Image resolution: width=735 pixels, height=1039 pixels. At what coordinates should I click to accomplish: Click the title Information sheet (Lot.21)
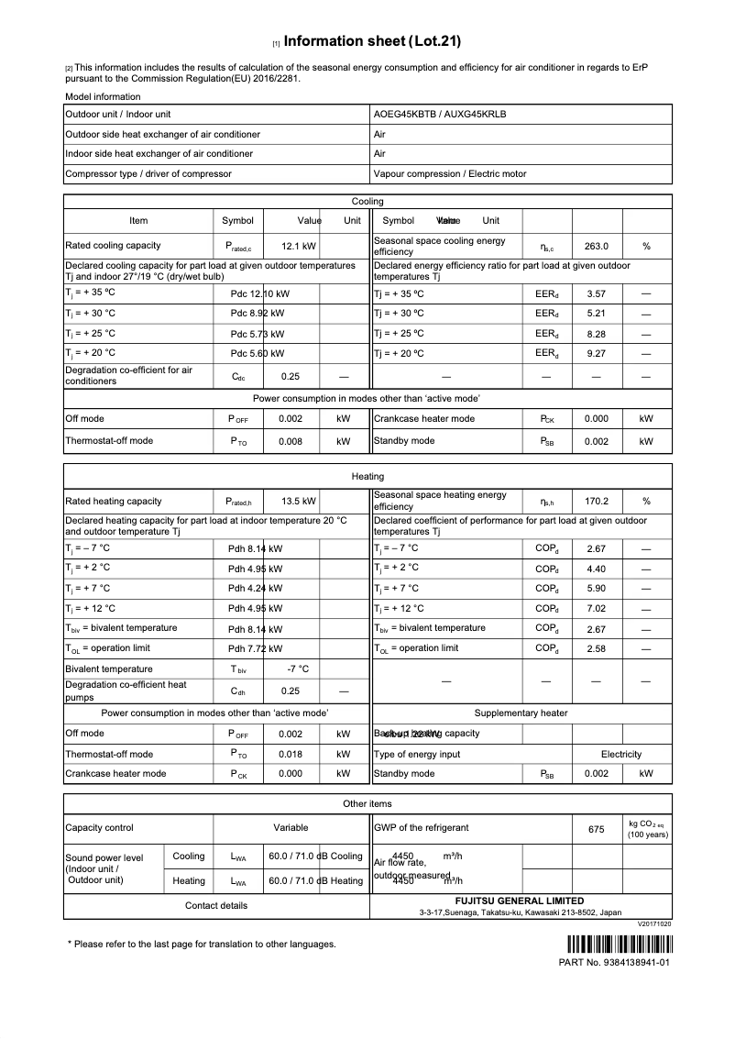coord(372,41)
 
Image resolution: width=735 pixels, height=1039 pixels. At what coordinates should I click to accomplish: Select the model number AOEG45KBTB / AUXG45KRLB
coord(440,115)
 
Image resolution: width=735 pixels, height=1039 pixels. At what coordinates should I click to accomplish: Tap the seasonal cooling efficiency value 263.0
coord(597,246)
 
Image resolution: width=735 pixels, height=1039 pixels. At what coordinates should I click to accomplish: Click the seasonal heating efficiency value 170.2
coord(597,502)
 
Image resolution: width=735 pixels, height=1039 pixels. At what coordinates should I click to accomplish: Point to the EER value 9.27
coord(597,352)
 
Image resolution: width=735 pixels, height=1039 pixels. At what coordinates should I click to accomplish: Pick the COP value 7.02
coord(597,608)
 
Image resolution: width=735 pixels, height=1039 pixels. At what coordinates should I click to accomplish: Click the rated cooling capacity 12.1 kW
coord(299,246)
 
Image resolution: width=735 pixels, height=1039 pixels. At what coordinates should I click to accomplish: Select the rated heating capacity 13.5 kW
coord(299,502)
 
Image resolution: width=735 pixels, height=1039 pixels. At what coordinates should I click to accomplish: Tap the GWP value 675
coord(597,829)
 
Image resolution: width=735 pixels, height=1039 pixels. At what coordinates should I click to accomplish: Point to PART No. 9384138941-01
coord(614,963)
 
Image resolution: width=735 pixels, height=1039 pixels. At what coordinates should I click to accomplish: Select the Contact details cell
coord(216,906)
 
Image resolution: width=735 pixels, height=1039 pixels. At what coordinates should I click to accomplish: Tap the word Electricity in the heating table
coord(621,754)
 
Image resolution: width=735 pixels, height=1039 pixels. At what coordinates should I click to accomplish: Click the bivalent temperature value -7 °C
coord(299,669)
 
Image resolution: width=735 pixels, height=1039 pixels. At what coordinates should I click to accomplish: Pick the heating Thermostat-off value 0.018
coord(291,754)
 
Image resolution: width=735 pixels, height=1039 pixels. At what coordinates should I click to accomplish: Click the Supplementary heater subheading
coord(521,713)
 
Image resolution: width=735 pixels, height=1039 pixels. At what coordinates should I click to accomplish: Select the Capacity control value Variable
coord(291,827)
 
